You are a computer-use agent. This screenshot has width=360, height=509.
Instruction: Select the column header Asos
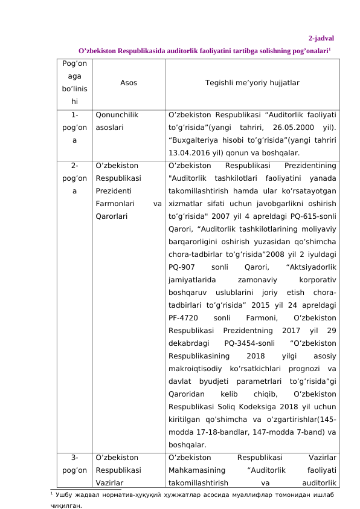click(128, 82)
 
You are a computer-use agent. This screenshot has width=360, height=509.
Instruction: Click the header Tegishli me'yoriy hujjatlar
click(252, 82)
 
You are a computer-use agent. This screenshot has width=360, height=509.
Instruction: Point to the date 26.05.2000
click(296, 128)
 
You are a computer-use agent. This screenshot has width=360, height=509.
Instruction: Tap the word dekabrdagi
click(189, 344)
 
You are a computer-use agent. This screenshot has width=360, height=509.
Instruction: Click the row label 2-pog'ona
click(74, 178)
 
